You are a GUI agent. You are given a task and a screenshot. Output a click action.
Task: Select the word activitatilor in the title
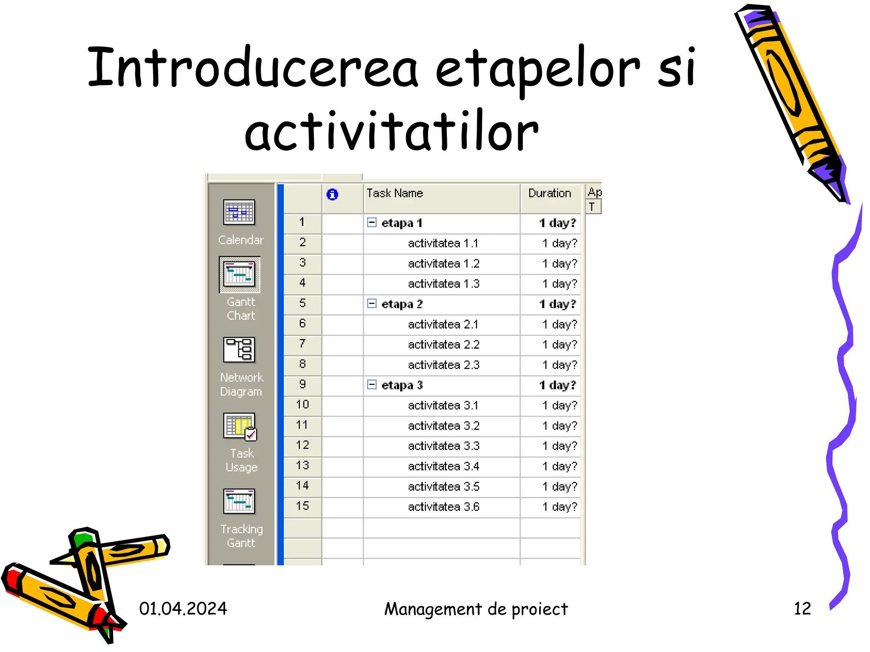[391, 132]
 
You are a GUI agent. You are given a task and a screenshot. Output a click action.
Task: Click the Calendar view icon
[239, 212]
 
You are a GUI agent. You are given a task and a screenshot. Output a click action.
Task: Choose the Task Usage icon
[240, 426]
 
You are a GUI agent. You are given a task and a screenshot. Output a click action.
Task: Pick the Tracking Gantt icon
[239, 501]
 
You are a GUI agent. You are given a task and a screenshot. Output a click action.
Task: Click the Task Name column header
[395, 194]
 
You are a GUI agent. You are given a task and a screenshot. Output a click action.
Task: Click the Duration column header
[549, 194]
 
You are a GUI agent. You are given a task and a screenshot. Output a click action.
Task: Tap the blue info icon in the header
[332, 194]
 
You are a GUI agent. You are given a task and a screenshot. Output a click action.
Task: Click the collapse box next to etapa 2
[372, 304]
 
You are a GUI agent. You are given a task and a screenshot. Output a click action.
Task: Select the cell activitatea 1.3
[443, 284]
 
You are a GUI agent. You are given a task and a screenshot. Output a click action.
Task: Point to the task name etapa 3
[402, 385]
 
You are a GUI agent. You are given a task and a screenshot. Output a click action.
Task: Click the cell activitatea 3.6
[443, 507]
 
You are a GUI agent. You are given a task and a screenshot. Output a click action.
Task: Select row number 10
[302, 405]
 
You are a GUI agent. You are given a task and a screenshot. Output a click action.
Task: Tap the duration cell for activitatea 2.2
[559, 345]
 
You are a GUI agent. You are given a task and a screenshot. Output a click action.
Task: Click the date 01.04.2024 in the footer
[183, 609]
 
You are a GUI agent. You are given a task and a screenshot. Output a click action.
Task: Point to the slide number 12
[802, 609]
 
